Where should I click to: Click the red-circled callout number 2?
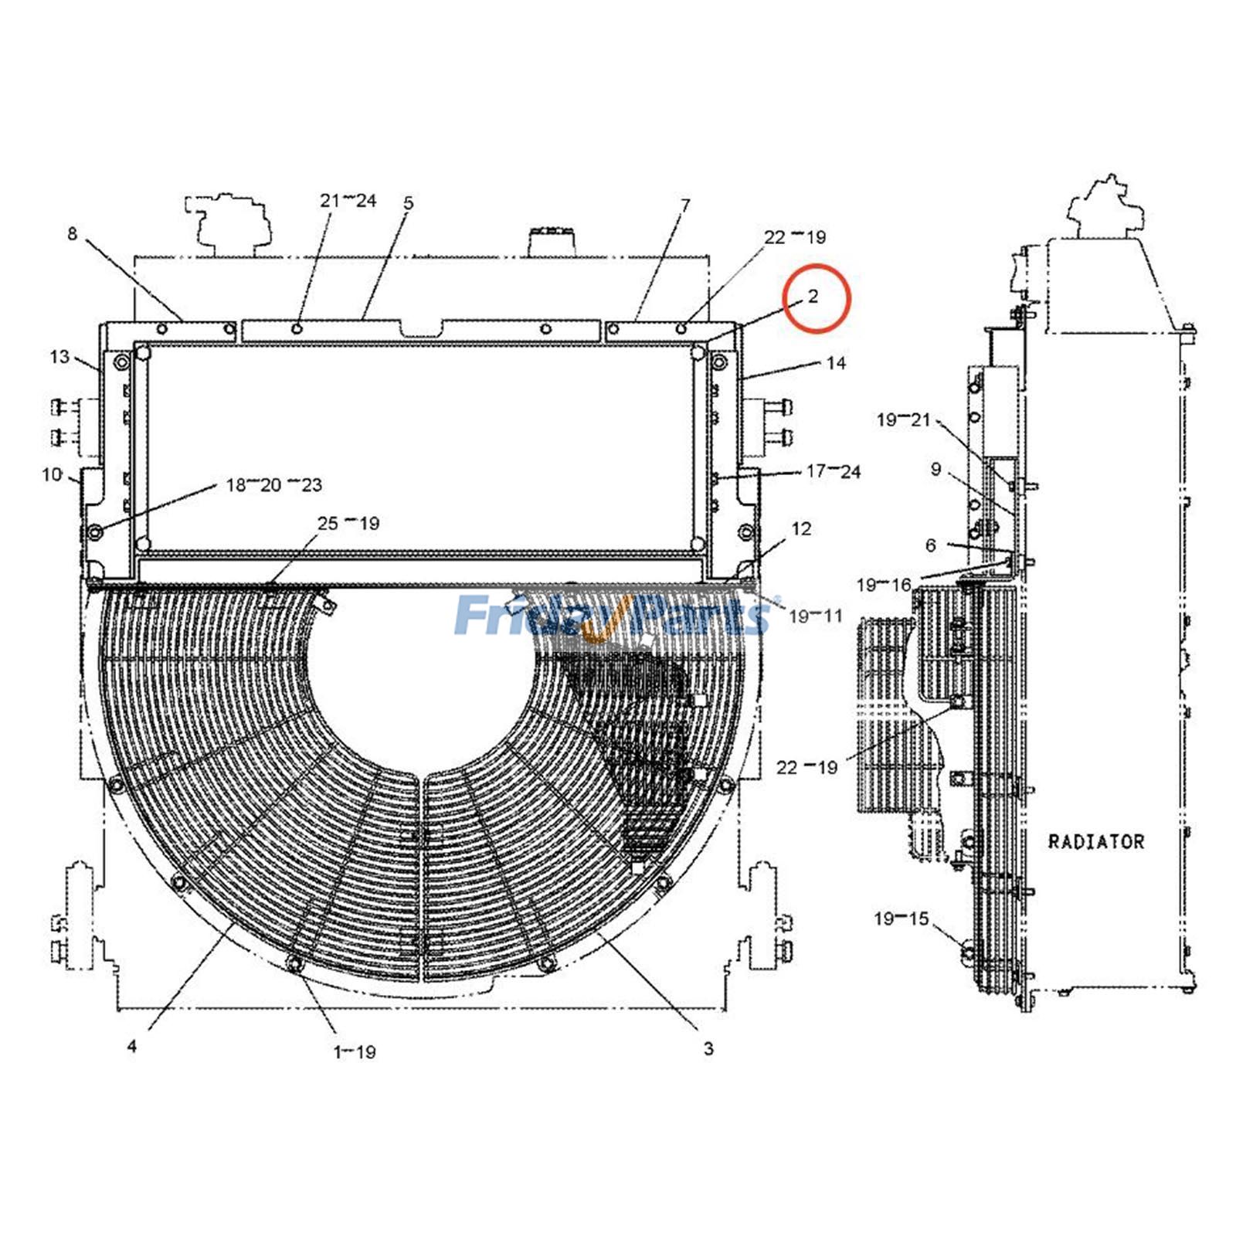click(813, 297)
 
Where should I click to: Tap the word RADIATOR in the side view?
click(1095, 841)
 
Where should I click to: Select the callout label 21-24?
click(348, 201)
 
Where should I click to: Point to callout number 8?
click(73, 233)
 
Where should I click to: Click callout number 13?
click(59, 357)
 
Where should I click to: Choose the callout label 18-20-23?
click(273, 485)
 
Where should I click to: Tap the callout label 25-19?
click(348, 523)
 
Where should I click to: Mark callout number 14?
click(836, 362)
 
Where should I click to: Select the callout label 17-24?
click(833, 471)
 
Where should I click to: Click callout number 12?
click(802, 528)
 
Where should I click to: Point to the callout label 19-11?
click(815, 616)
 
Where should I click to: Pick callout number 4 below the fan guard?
click(132, 1046)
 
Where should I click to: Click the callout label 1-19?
click(355, 1051)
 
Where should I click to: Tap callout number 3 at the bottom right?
click(708, 1049)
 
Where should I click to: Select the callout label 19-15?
click(901, 919)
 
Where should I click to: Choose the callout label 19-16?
click(884, 585)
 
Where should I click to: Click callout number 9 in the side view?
click(935, 469)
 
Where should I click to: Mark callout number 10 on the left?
click(52, 474)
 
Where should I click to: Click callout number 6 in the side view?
click(931, 545)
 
